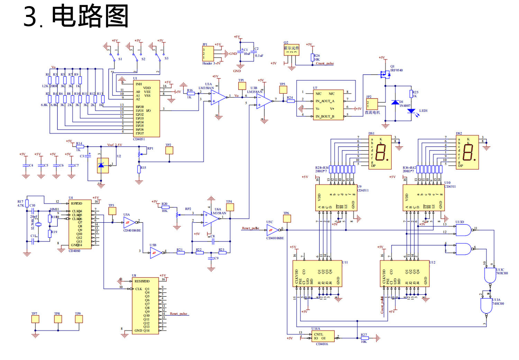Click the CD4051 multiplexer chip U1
[147, 109]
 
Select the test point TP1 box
[242, 86]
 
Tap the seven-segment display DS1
[380, 152]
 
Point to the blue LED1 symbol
[411, 111]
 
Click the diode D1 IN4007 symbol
[395, 102]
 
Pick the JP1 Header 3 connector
[208, 54]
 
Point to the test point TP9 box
[79, 319]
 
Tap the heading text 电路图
[90, 16]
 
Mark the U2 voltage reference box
[103, 165]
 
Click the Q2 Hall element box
[291, 50]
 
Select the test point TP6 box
[286, 219]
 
